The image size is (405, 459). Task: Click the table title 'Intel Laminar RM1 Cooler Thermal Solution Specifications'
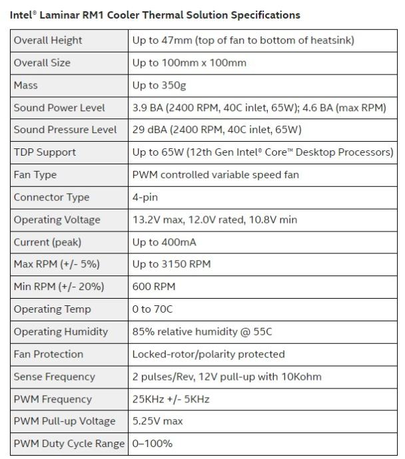(155, 15)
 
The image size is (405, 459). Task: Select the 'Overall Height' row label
(48, 40)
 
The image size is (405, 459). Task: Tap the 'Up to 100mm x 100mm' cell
(189, 63)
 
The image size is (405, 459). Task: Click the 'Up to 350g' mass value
(160, 85)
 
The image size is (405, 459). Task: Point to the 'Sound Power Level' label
(59, 108)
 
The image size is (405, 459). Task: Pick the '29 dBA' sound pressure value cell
(216, 130)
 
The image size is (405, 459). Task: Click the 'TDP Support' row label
(45, 152)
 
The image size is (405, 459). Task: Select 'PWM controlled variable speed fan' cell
(216, 175)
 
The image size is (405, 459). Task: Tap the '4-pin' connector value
(145, 198)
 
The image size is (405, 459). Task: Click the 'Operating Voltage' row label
(57, 220)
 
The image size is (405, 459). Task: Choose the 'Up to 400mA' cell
(164, 242)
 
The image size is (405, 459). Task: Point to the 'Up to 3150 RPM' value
(171, 264)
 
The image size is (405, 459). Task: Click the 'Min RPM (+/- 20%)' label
(59, 287)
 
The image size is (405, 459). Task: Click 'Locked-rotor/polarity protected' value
(208, 354)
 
